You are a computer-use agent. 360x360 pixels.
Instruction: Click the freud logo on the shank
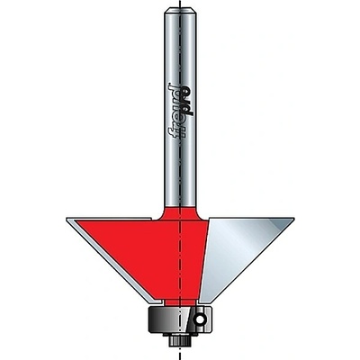[x=181, y=110]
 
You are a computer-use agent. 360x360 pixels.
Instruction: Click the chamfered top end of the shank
[x=180, y=12]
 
